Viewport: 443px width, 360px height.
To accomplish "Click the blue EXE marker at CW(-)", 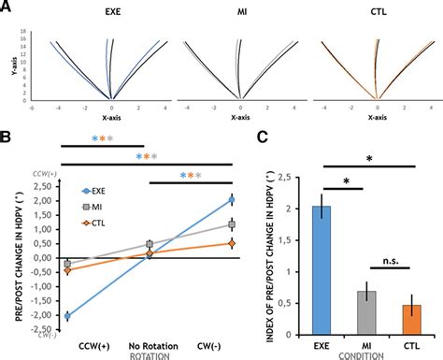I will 231,200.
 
